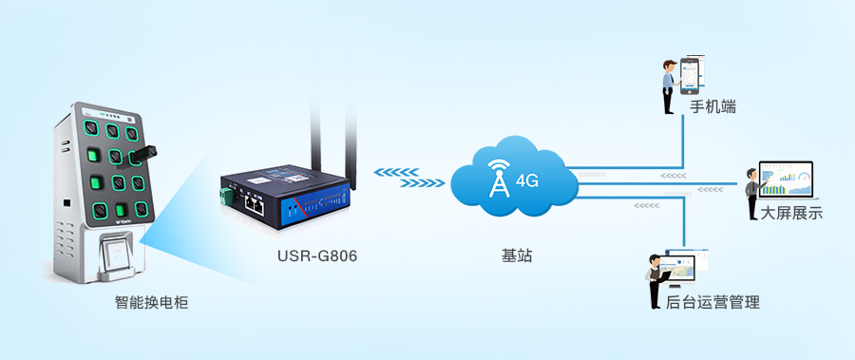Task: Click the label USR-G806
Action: pos(316,256)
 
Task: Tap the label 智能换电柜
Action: pos(152,302)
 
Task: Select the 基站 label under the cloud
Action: pos(517,256)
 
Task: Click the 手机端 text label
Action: pos(712,107)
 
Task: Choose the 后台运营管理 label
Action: pos(712,302)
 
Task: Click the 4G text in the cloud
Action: pos(526,181)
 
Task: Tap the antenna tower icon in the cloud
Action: pos(499,178)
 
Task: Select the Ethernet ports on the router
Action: pos(254,204)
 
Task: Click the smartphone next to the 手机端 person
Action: pos(690,76)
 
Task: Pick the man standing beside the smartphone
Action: pos(669,86)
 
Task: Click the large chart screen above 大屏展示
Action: pos(787,180)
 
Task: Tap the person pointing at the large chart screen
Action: pos(753,194)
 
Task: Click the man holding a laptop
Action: pos(655,281)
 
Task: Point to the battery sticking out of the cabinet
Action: pos(142,155)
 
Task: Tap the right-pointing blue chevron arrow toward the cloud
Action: pos(422,183)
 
